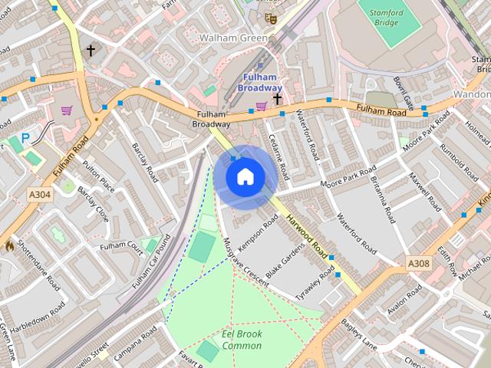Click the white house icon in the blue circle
pos(245,176)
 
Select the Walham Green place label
pos(233,38)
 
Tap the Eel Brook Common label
pos(242,340)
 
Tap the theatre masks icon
pos(269,17)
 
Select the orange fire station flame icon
pos(9,246)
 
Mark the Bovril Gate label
pos(403,92)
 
